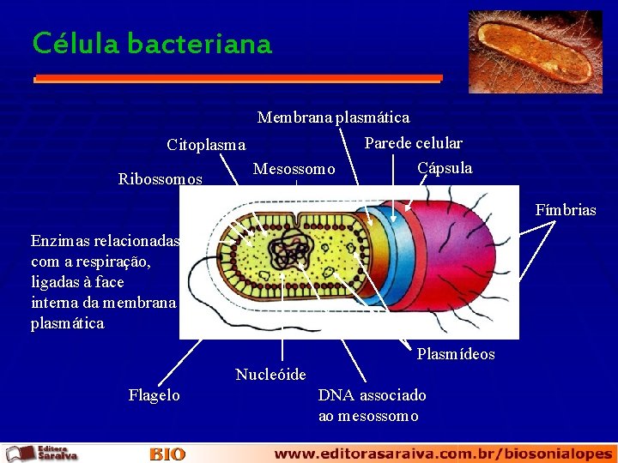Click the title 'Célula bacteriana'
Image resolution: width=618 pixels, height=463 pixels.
(152, 43)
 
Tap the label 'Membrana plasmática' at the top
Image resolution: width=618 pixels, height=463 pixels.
(333, 117)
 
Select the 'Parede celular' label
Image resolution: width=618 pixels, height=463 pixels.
(413, 143)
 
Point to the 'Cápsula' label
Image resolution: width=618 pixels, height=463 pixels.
(444, 168)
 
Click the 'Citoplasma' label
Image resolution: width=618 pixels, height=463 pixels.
(206, 145)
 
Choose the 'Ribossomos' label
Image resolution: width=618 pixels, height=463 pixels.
(161, 179)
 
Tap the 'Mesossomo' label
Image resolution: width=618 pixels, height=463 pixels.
(294, 170)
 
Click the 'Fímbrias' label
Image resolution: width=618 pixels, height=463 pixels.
(565, 210)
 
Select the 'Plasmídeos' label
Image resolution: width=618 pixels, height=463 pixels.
(455, 354)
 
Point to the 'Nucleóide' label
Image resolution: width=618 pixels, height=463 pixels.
(270, 375)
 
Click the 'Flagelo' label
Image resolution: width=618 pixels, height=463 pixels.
(154, 395)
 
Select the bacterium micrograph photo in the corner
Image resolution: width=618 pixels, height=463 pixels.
(535, 51)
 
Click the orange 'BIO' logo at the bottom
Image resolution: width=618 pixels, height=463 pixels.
(167, 454)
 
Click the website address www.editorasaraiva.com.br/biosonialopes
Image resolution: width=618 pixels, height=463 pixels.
(443, 454)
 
